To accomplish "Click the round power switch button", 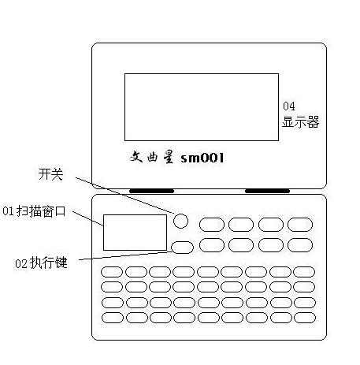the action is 180,221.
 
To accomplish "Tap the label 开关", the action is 50,174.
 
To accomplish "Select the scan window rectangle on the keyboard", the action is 135,233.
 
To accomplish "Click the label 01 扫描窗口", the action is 34,211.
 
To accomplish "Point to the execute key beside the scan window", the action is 182,248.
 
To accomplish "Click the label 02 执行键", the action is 41,263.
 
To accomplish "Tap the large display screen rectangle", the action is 202,107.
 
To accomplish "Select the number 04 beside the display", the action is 289,106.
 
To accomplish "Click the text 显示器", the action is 301,122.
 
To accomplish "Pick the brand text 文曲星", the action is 152,157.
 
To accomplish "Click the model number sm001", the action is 202,158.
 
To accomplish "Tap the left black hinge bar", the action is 151,191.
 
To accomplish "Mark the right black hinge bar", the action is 267,191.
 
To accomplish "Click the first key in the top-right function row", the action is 212,225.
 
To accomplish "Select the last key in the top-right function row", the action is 300,225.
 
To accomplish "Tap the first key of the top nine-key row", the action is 112,272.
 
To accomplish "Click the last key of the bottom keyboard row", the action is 305,318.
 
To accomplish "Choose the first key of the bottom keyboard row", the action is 113,318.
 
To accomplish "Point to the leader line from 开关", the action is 125,196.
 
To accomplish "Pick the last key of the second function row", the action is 300,245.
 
